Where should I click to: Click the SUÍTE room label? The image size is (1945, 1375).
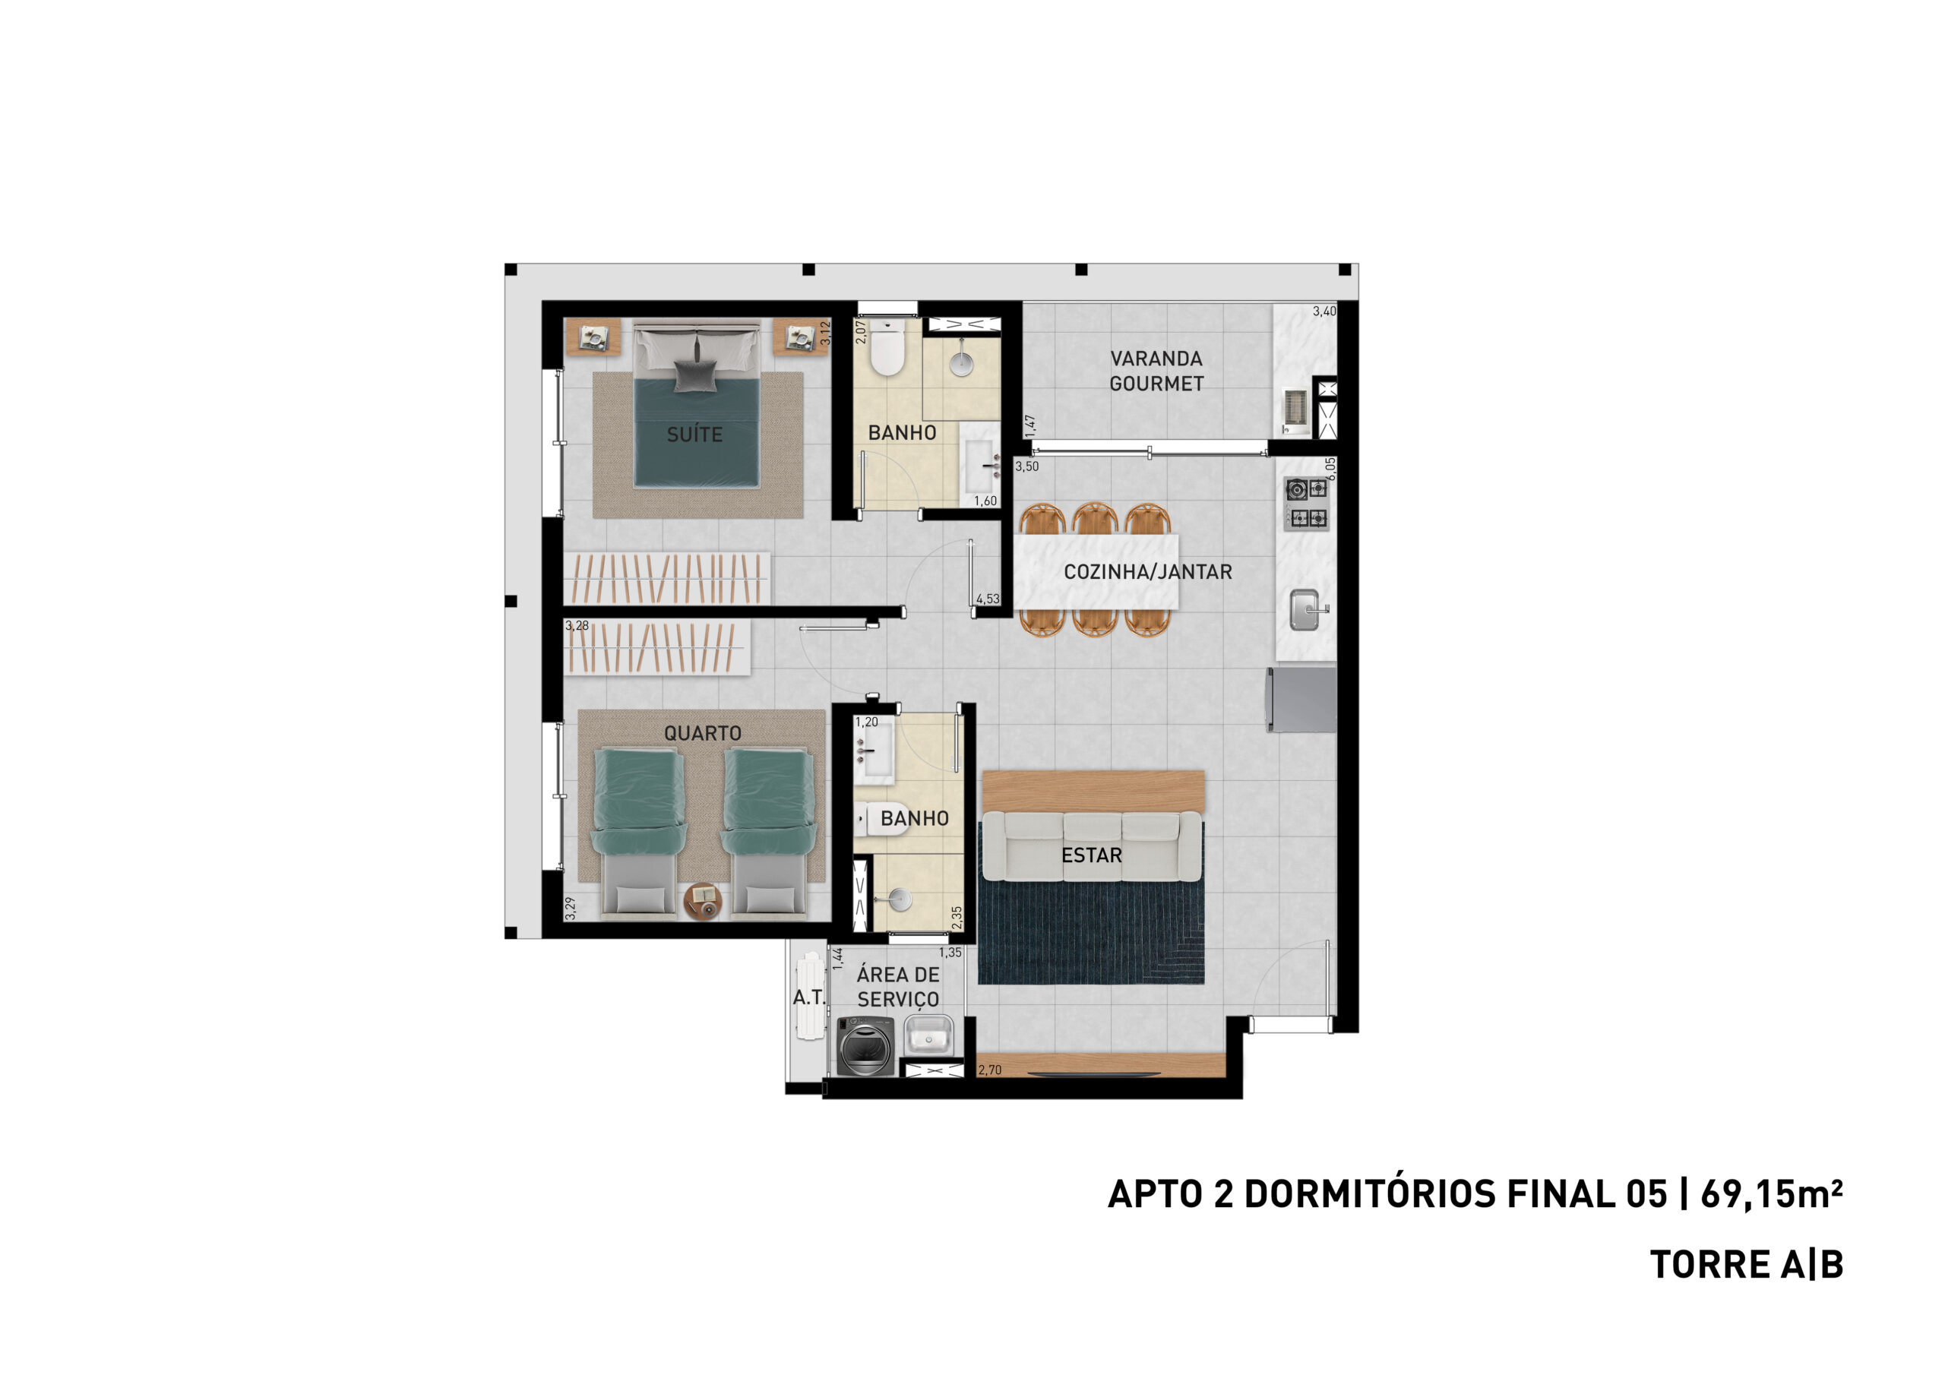(x=694, y=435)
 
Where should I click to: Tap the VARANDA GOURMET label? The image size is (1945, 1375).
(x=1156, y=371)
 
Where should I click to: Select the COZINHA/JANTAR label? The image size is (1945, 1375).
(x=1148, y=572)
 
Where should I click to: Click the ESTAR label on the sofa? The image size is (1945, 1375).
(x=1091, y=855)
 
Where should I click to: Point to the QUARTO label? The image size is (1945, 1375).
(x=702, y=733)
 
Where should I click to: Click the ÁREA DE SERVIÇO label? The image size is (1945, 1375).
(x=898, y=987)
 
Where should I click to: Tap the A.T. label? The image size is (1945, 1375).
(x=808, y=998)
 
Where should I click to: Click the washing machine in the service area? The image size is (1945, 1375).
(x=866, y=1045)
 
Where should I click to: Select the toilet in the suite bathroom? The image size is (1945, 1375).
(x=887, y=347)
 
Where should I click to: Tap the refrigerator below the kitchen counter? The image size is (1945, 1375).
(x=1301, y=700)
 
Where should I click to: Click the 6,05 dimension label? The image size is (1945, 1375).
(x=1331, y=469)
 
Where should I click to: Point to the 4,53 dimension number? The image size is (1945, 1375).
(x=988, y=599)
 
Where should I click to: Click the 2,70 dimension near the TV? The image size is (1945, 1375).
(x=989, y=1070)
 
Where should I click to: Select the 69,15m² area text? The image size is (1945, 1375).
(x=1771, y=1193)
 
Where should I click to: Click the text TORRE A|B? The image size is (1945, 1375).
(x=1747, y=1265)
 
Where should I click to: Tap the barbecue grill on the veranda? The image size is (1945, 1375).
(x=1296, y=410)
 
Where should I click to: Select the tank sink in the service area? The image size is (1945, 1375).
(x=930, y=1035)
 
